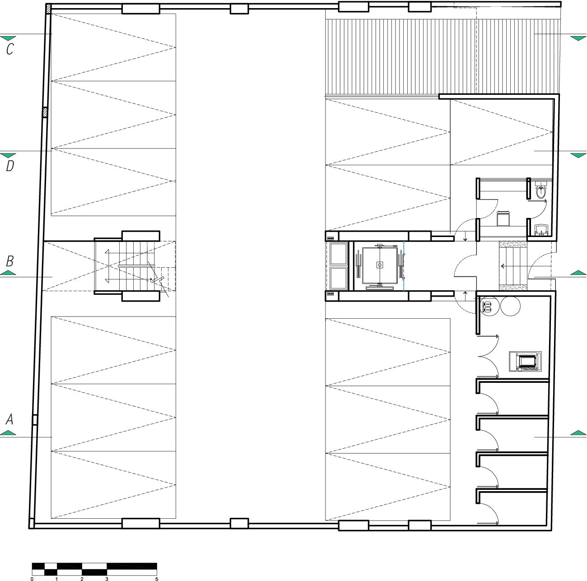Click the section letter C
(x=10, y=49)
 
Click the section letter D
(x=10, y=166)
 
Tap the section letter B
(x=10, y=261)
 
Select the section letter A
(x=9, y=419)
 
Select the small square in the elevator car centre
(x=380, y=265)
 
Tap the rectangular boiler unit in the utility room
(x=525, y=361)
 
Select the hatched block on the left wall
(x=45, y=112)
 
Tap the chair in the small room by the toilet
(x=503, y=218)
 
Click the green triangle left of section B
(x=8, y=273)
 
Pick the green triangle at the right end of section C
(x=578, y=38)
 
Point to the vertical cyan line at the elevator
(x=404, y=265)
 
